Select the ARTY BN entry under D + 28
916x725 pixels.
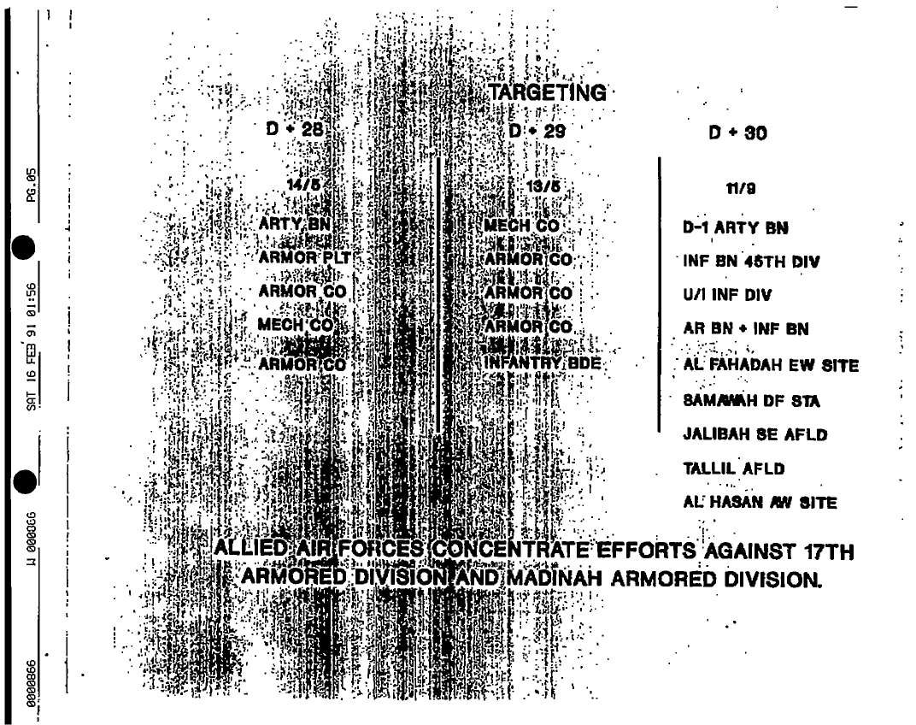[294, 225]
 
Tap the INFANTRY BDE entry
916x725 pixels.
[543, 362]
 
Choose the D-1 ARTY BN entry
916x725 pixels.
[735, 228]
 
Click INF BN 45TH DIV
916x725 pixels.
[750, 262]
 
